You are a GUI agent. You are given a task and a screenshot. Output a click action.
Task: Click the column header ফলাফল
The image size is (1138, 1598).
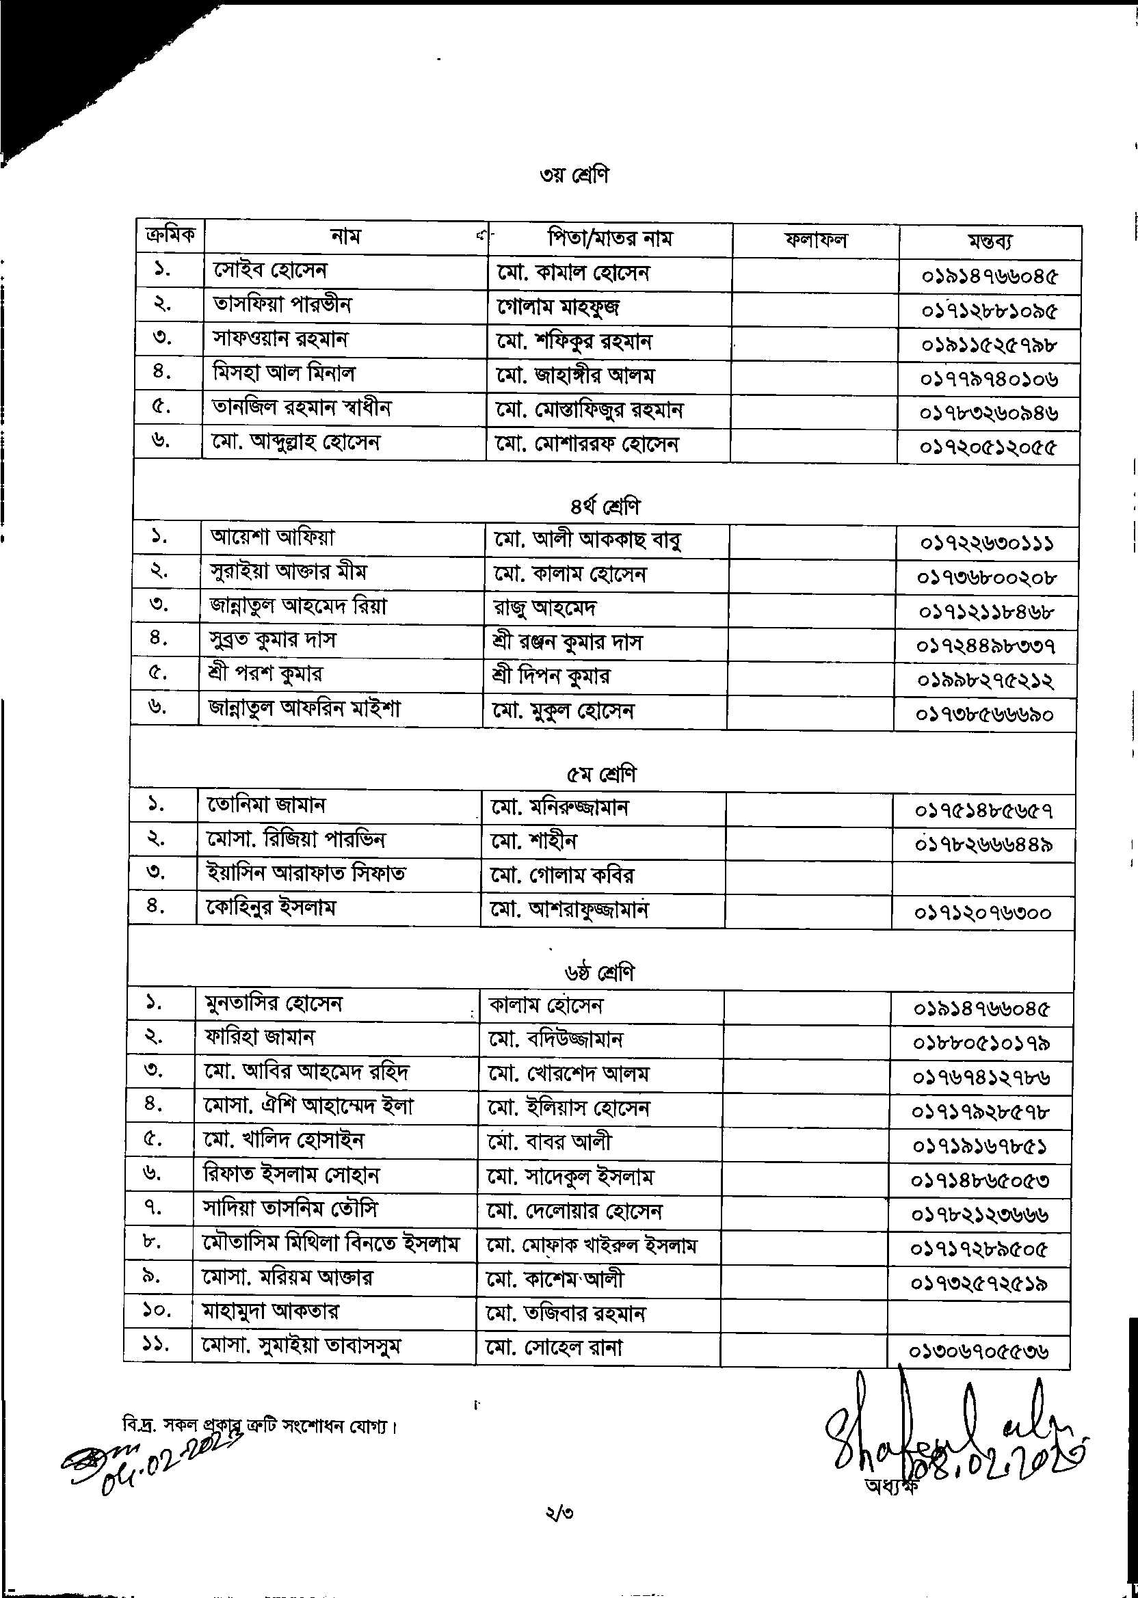pyautogui.click(x=815, y=240)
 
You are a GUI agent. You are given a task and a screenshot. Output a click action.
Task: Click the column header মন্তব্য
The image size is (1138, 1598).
pyautogui.click(x=990, y=241)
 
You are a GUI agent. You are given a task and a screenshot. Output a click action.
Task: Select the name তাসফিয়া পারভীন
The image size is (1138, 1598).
pyautogui.click(x=282, y=304)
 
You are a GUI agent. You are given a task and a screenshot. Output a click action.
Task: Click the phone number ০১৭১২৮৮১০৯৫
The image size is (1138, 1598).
pyautogui.click(x=989, y=311)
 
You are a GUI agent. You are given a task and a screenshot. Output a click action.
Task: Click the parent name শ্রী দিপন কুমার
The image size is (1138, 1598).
pyautogui.click(x=551, y=676)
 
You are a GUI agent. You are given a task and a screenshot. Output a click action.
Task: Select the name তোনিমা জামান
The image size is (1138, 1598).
pyautogui.click(x=266, y=805)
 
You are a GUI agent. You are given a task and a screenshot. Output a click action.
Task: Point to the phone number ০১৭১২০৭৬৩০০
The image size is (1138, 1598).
pyautogui.click(x=983, y=913)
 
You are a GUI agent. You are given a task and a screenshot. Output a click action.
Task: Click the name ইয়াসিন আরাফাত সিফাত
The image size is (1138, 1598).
pyautogui.click(x=306, y=873)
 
